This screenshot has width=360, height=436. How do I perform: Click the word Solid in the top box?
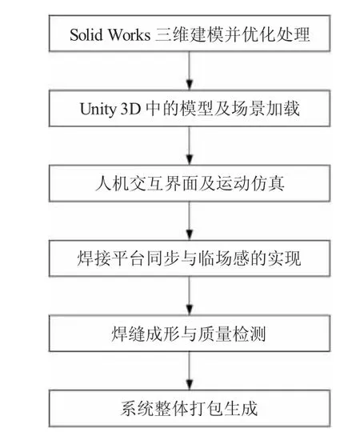click(x=86, y=34)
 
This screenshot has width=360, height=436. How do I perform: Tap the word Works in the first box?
click(x=129, y=34)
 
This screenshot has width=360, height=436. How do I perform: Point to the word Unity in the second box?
click(x=98, y=109)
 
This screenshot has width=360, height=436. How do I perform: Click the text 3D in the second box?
click(x=130, y=109)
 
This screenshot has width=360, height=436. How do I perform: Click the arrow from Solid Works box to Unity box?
click(x=190, y=70)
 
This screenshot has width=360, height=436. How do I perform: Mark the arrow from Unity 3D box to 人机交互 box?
click(x=190, y=146)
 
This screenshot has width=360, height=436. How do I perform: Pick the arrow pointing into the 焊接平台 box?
click(x=190, y=221)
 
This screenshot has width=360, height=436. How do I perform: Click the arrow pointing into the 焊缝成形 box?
click(x=190, y=295)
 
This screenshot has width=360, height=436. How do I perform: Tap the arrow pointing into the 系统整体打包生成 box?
click(x=190, y=370)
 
